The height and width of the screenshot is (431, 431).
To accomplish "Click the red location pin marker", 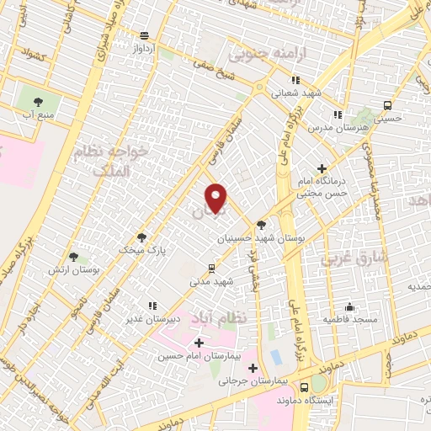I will pyautogui.click(x=216, y=198).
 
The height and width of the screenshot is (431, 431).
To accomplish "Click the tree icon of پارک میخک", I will pyautogui.click(x=141, y=237).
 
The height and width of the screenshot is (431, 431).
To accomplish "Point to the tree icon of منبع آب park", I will pyautogui.click(x=38, y=101).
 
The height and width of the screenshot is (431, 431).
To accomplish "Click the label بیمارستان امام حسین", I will pyautogui.click(x=199, y=356).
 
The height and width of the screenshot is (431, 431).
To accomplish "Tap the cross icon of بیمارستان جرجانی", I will pyautogui.click(x=253, y=368).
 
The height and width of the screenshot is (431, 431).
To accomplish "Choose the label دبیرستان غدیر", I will pyautogui.click(x=152, y=319).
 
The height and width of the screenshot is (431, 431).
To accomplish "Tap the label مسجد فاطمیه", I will pyautogui.click(x=349, y=321).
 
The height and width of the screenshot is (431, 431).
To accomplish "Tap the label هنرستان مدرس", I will pyautogui.click(x=338, y=127).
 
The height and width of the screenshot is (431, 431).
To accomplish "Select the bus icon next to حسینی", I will pyautogui.click(x=387, y=105).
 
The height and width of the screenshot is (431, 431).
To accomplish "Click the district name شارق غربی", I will pyautogui.click(x=354, y=258).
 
